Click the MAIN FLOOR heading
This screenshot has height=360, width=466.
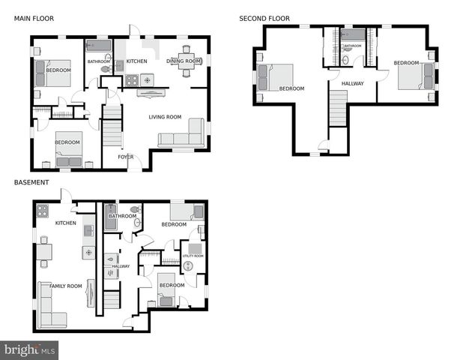(34, 19)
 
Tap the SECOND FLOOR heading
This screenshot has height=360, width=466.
(264, 19)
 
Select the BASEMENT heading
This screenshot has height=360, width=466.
(31, 182)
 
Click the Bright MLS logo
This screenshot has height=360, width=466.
(30, 349)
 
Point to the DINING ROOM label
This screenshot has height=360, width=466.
(184, 61)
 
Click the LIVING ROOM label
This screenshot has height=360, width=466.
(165, 117)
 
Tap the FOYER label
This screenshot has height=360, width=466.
(125, 157)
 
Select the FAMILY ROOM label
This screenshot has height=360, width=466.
(66, 286)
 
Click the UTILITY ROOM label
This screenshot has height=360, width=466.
(193, 256)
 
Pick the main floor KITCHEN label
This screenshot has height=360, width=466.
(136, 61)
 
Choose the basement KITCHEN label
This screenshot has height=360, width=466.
(66, 223)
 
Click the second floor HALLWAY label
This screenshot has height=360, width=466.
(352, 83)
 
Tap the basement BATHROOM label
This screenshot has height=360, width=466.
(122, 216)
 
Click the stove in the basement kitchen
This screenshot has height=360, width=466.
(43, 211)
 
